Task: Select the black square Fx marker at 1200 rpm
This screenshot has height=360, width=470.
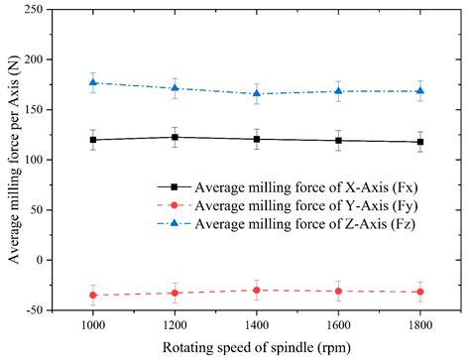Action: pos(176,137)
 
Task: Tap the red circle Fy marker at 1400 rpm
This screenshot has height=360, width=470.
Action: pos(257,291)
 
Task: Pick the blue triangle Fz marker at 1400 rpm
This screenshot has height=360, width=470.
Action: pos(257,93)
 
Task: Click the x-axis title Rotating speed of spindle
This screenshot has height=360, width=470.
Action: pos(256,347)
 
